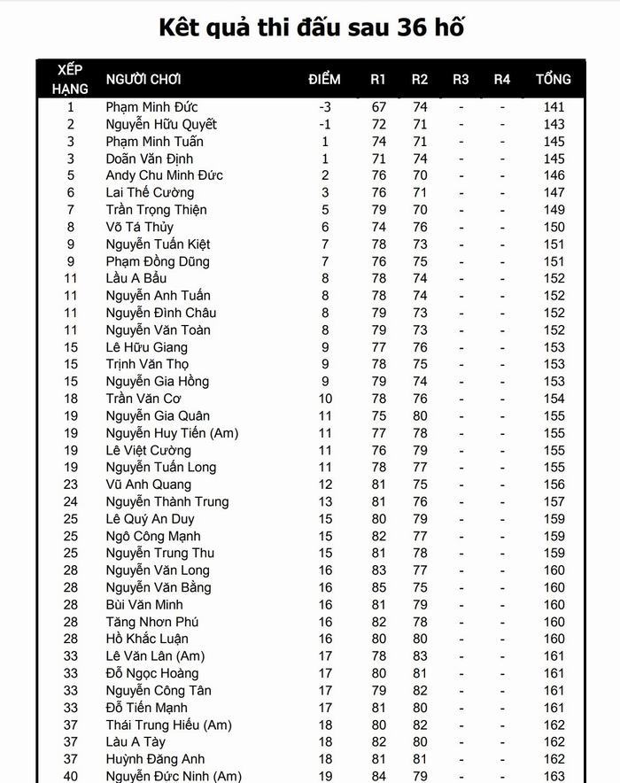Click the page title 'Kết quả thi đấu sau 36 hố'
[311, 27]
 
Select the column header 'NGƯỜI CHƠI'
[143, 79]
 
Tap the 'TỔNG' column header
[554, 79]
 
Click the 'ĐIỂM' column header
[325, 79]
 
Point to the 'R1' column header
[378, 79]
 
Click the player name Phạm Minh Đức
[151, 107]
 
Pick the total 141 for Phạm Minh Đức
[554, 107]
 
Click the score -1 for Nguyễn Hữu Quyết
[325, 124]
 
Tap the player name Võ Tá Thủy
[140, 227]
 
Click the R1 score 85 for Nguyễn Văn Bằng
[379, 587]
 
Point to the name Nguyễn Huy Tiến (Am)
[172, 433]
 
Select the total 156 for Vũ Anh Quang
[554, 485]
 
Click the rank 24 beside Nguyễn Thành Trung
[71, 501]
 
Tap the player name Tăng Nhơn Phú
[152, 622]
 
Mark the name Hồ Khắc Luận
[147, 639]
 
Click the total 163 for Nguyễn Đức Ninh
[554, 776]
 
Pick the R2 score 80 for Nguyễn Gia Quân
[420, 415]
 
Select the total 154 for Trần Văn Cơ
[554, 399]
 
